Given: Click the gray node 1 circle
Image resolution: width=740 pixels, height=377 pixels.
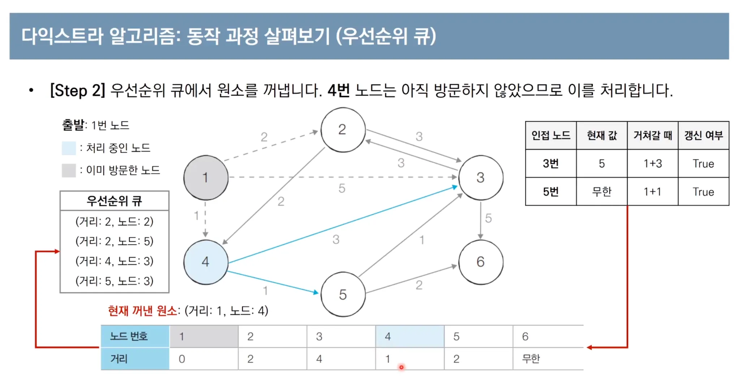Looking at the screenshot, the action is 206,178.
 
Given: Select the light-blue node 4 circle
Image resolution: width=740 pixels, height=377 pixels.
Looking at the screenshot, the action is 206,262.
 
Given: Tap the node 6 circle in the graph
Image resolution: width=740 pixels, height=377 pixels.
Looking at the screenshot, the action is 481,262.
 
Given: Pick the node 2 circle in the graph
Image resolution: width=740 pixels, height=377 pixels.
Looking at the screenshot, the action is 343,130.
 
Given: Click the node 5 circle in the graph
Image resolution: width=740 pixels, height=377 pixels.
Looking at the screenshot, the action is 343,295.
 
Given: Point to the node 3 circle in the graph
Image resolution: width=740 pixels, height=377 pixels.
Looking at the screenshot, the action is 481,178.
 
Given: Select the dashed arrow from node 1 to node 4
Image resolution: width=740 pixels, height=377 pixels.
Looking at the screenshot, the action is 205,219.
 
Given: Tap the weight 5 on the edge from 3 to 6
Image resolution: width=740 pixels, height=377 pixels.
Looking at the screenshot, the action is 488,218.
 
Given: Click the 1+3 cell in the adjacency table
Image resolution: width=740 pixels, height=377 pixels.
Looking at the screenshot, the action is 653,164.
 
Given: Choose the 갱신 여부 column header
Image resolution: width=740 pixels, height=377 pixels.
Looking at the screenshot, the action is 704,135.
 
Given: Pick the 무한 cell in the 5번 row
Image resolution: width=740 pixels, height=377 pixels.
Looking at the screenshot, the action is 602,192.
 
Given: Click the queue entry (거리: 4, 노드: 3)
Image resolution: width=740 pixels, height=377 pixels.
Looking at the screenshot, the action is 114,261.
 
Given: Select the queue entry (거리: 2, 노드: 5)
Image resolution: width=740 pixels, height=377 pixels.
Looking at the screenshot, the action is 114,241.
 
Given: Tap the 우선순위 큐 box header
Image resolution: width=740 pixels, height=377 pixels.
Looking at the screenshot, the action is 114,201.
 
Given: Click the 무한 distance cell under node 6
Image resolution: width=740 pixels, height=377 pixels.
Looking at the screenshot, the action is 531,359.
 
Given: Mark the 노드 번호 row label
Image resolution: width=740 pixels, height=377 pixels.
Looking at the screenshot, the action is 129,337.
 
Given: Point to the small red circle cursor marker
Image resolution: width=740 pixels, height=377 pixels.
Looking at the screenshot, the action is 401,367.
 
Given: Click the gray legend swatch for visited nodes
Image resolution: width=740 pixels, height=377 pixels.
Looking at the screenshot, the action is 69,170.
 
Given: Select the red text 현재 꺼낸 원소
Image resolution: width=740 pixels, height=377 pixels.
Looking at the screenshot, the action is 142,311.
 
